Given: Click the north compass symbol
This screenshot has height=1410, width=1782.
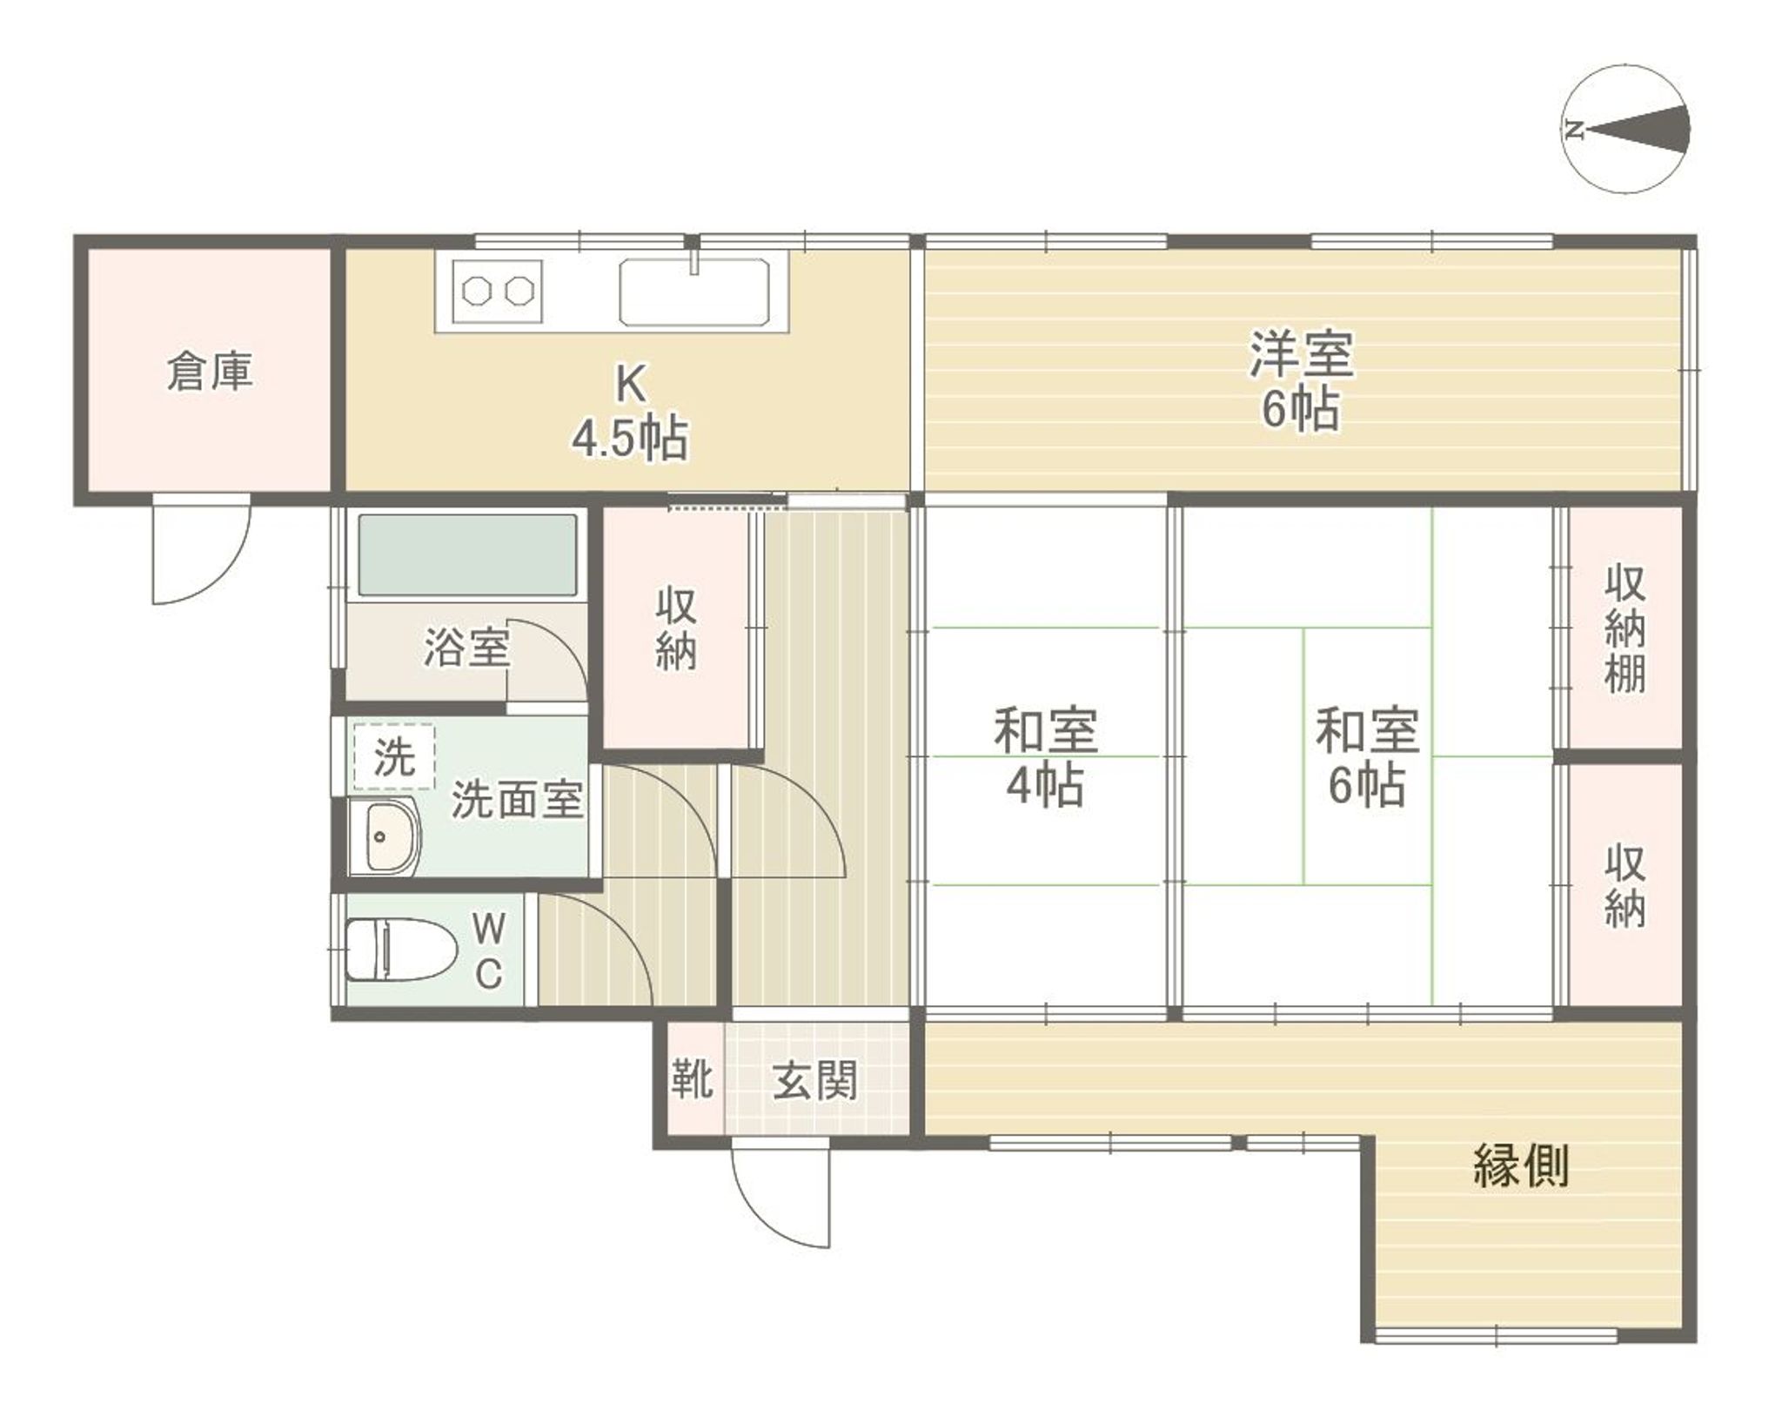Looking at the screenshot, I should coord(1625,128).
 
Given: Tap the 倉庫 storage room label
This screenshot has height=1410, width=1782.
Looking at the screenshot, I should coord(209,372).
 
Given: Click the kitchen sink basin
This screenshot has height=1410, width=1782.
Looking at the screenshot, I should coord(694,292).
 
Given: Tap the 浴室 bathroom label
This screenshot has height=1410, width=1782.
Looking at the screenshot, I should coord(466,648).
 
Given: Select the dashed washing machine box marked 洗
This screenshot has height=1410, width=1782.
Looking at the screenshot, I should coord(394,756).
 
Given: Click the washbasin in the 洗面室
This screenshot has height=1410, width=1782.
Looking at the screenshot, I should coord(385,836).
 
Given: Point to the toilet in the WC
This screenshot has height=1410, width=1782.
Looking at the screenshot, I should coord(401,950).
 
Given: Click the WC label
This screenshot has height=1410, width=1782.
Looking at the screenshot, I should coord(488,951).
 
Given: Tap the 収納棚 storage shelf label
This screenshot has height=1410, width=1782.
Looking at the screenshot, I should coord(1624,628).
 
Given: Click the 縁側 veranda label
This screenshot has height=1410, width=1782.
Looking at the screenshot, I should coord(1520,1166).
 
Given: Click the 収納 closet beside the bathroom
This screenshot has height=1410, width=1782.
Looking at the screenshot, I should coord(675,628).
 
